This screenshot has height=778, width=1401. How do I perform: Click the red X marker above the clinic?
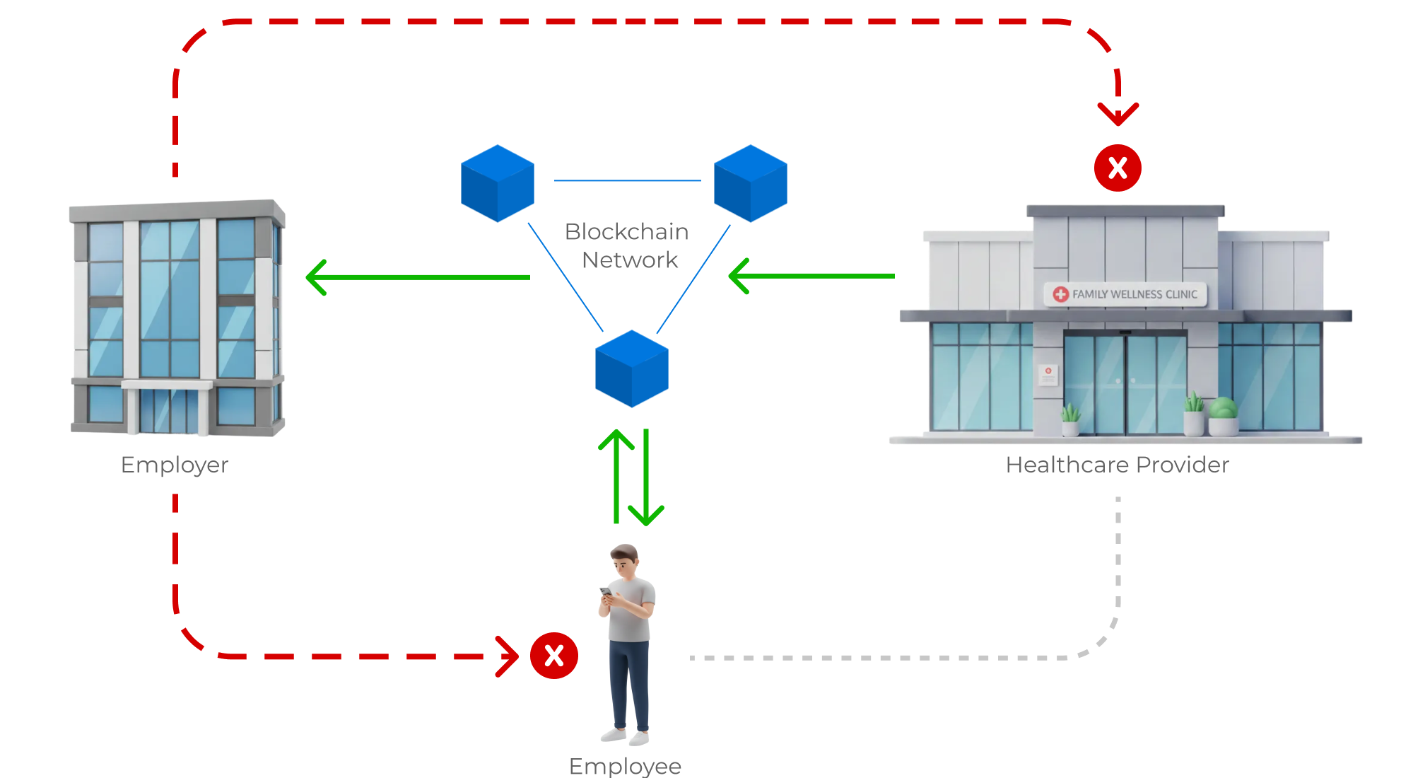coord(1118,168)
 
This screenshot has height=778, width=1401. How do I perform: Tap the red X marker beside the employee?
coord(554,656)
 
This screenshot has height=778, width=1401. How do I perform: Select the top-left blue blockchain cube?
coord(498,184)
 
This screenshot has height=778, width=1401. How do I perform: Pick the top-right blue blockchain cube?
coord(750,184)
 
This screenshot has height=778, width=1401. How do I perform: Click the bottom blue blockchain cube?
coord(632,369)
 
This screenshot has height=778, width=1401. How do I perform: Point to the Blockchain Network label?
coord(627,246)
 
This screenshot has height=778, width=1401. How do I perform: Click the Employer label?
coord(175,465)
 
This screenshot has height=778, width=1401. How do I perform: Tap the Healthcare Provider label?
coord(1117,465)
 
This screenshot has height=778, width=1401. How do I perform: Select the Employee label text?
coord(625,766)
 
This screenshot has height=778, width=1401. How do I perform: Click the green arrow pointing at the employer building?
coord(417,277)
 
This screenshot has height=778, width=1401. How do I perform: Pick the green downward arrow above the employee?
coord(646,478)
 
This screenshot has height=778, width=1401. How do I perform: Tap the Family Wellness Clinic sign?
coord(1126,294)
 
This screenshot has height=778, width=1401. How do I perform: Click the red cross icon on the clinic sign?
coord(1060,294)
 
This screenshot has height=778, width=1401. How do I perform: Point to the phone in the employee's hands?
coord(606,591)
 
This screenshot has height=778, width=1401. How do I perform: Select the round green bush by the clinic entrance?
coord(1224,408)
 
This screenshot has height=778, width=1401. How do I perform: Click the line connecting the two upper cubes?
coord(627,181)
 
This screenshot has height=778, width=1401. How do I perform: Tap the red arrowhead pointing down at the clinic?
coord(1118,113)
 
